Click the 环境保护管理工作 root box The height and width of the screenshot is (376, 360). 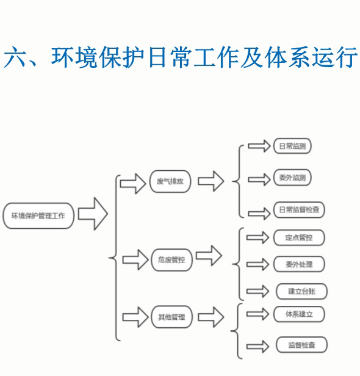coord(38,215)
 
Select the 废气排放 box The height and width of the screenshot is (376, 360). coord(170,181)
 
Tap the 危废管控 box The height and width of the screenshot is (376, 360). coord(171,259)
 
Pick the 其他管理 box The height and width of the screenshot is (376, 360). coord(171,317)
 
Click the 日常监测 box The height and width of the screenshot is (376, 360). coord(292,146)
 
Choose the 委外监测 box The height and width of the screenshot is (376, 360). coord(292,178)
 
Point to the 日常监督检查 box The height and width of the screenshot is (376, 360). coord(299,210)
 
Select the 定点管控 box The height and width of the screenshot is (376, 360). coord(299,237)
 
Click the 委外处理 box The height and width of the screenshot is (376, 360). coord(299,264)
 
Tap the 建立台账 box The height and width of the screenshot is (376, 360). coord(302,291)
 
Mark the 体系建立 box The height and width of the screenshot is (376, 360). coord(299,314)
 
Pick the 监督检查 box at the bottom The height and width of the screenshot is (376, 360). coord(302,345)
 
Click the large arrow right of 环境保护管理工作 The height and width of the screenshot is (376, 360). coord(93,214)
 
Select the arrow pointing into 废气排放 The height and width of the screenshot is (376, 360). coord(133,184)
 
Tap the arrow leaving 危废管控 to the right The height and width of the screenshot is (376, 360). coord(209,256)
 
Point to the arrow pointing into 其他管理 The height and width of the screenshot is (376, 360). coord(135,317)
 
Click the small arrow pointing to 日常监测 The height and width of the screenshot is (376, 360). coord(259,146)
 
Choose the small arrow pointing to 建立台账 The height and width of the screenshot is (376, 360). coord(257,291)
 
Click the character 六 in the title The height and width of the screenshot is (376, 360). coord(15,57)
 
